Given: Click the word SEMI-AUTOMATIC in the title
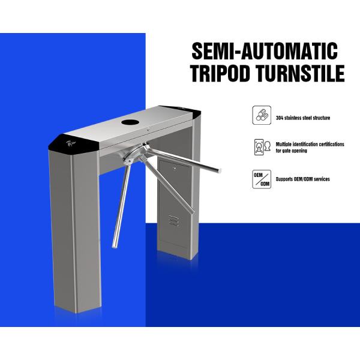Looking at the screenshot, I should point(263,50).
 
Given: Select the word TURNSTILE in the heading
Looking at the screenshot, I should point(302,74).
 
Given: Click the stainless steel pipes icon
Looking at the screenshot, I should point(262,115).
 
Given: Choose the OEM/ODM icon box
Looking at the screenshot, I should point(262,179).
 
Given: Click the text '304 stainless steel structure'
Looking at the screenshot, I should point(302,118).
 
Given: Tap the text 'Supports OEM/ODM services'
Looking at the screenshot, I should point(302,179).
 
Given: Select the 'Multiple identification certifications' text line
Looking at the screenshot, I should point(310,145).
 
